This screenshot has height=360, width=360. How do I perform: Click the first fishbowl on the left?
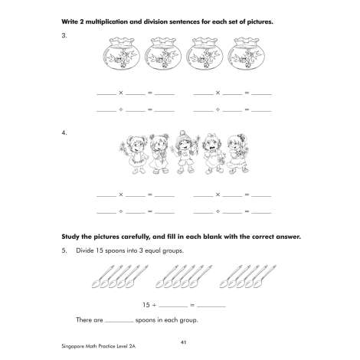[x=122, y=54]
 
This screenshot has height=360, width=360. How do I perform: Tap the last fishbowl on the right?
[x=247, y=54]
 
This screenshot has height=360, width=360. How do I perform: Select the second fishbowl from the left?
[x=163, y=54]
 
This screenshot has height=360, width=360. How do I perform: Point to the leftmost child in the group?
[x=134, y=155]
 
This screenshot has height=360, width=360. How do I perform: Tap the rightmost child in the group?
[x=239, y=154]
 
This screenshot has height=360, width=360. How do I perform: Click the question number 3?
[x=64, y=35]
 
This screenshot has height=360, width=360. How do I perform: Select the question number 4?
[x=64, y=133]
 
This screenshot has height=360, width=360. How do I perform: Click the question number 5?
[x=64, y=250]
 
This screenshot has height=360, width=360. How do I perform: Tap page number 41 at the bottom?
[x=183, y=342]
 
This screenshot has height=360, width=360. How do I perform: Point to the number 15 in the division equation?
[x=146, y=305]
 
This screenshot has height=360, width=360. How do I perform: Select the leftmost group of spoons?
[x=119, y=277]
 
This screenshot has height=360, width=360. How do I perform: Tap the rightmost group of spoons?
[x=247, y=277]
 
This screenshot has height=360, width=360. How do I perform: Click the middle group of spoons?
[x=184, y=277]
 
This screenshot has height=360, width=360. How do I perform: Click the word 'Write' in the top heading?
[x=70, y=21]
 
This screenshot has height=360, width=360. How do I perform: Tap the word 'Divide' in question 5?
[x=85, y=250]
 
